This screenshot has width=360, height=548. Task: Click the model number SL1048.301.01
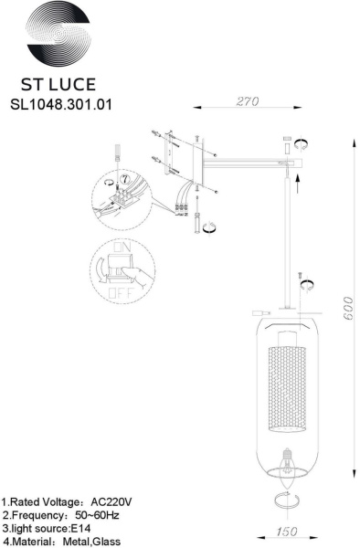tap(60, 104)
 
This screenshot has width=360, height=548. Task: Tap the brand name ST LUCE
tap(60, 84)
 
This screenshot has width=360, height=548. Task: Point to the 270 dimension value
tap(246, 101)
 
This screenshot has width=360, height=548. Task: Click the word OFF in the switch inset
tap(117, 295)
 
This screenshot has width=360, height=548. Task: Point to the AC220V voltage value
tap(113, 502)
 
